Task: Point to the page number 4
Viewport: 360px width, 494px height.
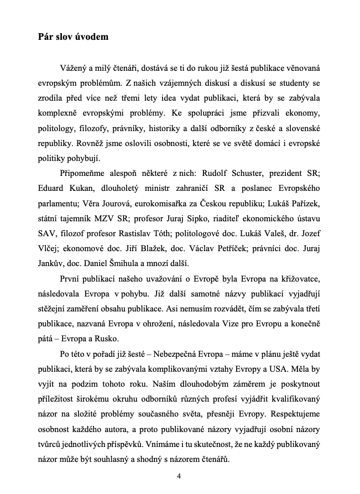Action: pos(179,475)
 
